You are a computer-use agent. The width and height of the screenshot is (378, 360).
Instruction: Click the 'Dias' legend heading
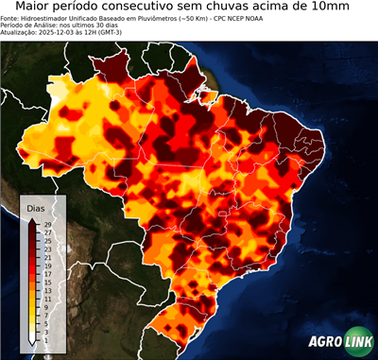[36, 207]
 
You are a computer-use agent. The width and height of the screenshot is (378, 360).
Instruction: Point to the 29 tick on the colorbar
[47, 224]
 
